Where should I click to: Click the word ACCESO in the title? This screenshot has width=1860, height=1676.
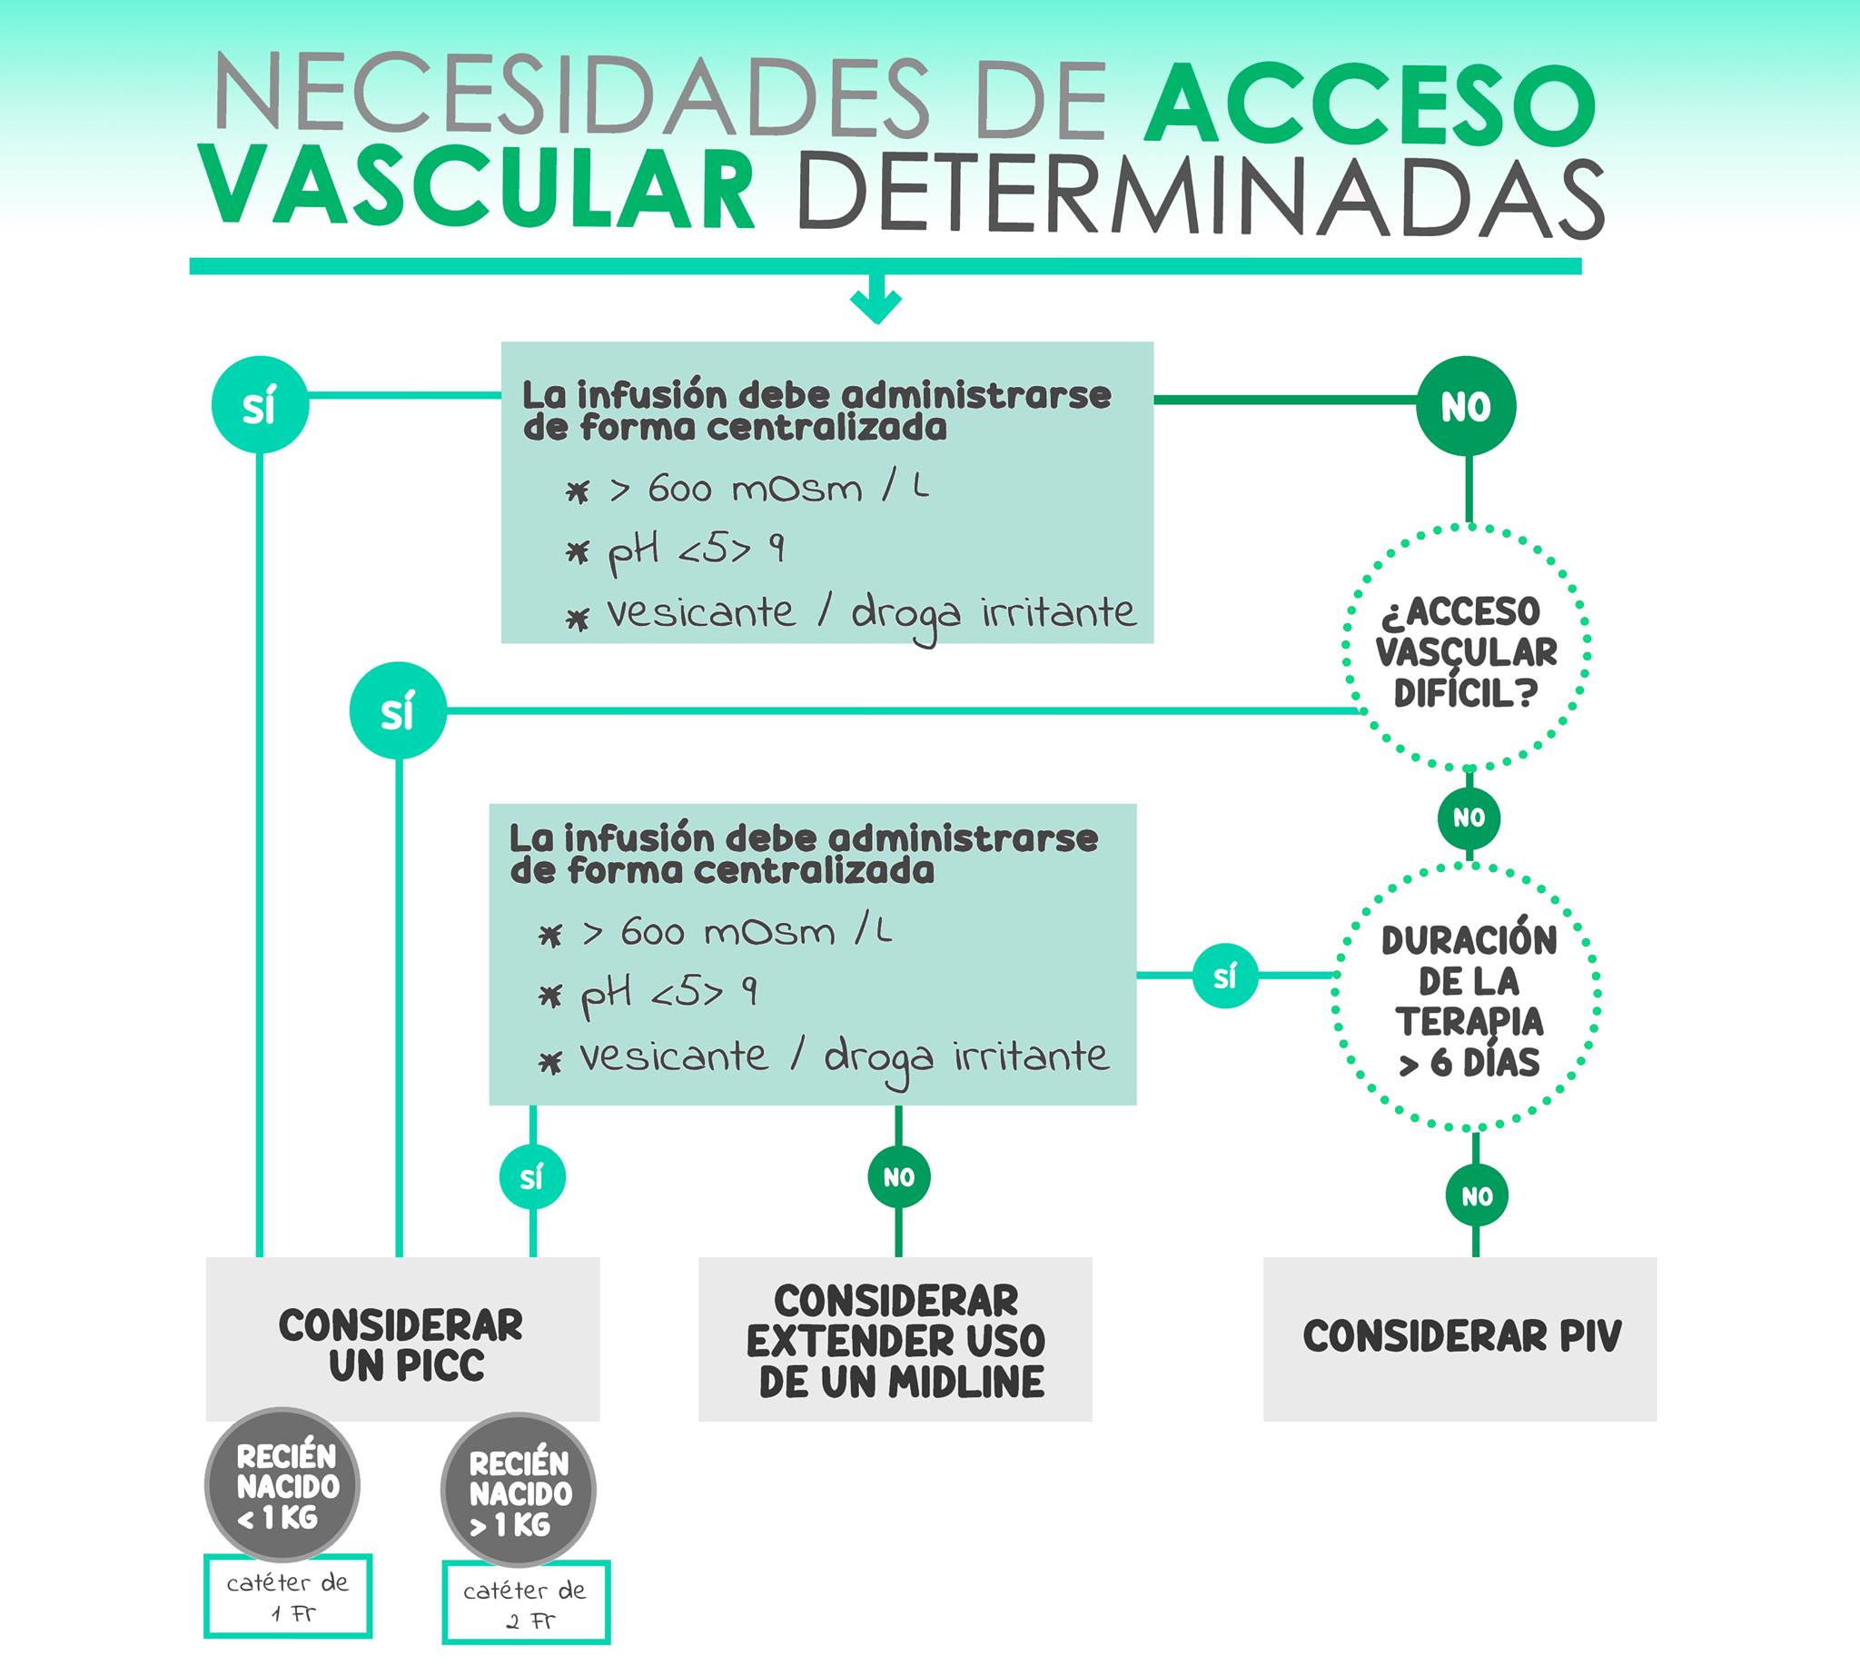(x=1370, y=104)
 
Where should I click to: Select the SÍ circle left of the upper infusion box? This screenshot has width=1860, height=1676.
(x=260, y=405)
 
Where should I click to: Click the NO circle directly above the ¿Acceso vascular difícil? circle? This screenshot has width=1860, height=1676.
(x=1466, y=406)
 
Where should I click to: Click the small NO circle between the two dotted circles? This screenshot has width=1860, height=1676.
(x=1469, y=818)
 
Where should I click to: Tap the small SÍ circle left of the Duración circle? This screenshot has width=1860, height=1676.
(x=1224, y=976)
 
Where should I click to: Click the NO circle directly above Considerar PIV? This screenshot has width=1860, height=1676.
(x=1476, y=1196)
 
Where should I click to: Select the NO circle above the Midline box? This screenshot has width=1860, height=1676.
(x=899, y=1177)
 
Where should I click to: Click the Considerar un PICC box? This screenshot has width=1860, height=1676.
(x=402, y=1339)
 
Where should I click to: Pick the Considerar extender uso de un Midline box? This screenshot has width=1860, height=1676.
(x=895, y=1339)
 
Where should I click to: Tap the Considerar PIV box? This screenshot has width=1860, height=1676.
(x=1460, y=1339)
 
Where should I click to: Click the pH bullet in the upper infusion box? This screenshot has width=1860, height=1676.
(x=676, y=551)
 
